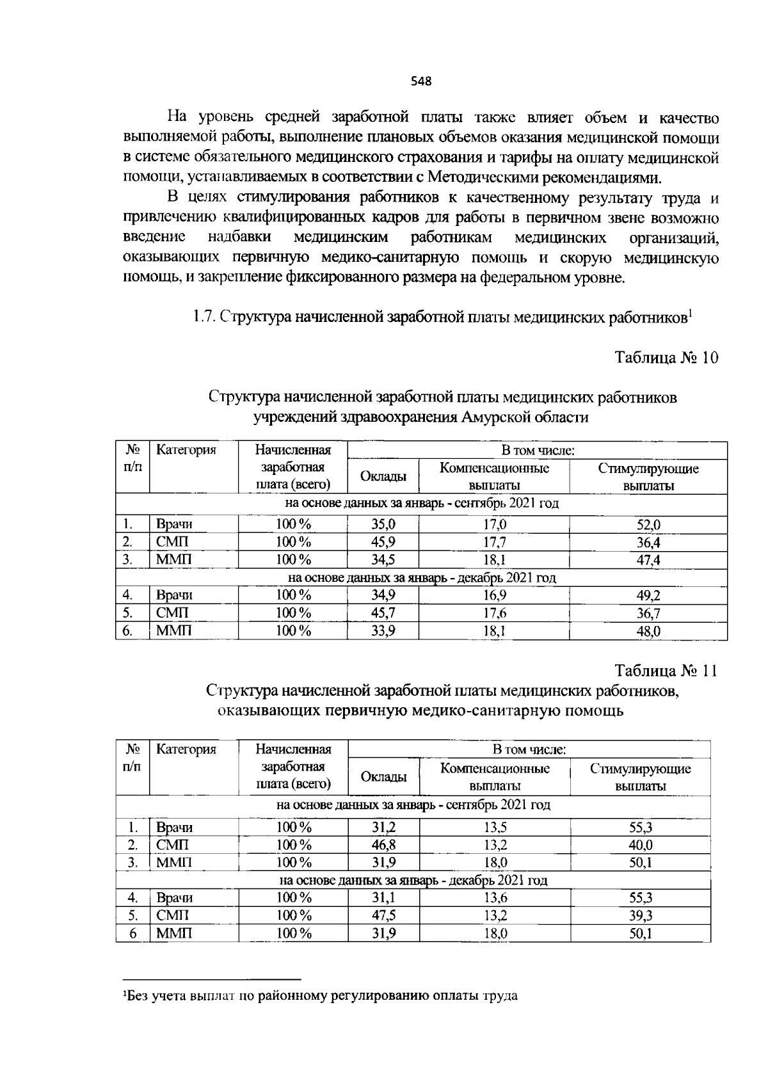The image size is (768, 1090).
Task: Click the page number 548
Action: [421, 81]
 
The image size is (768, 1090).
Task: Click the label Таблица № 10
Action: [666, 357]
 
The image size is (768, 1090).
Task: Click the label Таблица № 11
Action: [666, 671]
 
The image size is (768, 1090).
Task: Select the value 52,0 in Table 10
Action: [648, 525]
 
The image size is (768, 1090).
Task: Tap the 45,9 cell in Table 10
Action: [383, 542]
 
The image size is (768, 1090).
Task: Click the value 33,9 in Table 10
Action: [383, 632]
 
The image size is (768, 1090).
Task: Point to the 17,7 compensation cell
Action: [494, 542]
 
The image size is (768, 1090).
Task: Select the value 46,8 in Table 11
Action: [383, 845]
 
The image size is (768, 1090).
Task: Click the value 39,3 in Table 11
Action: [640, 916]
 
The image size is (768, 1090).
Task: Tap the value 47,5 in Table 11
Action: [383, 916]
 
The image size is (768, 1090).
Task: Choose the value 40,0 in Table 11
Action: [640, 845]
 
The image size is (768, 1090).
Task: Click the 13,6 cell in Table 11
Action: [494, 898]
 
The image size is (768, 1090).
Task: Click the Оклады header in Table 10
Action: [383, 476]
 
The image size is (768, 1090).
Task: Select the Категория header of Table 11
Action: [186, 749]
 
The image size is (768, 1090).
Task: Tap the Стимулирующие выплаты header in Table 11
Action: [640, 777]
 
